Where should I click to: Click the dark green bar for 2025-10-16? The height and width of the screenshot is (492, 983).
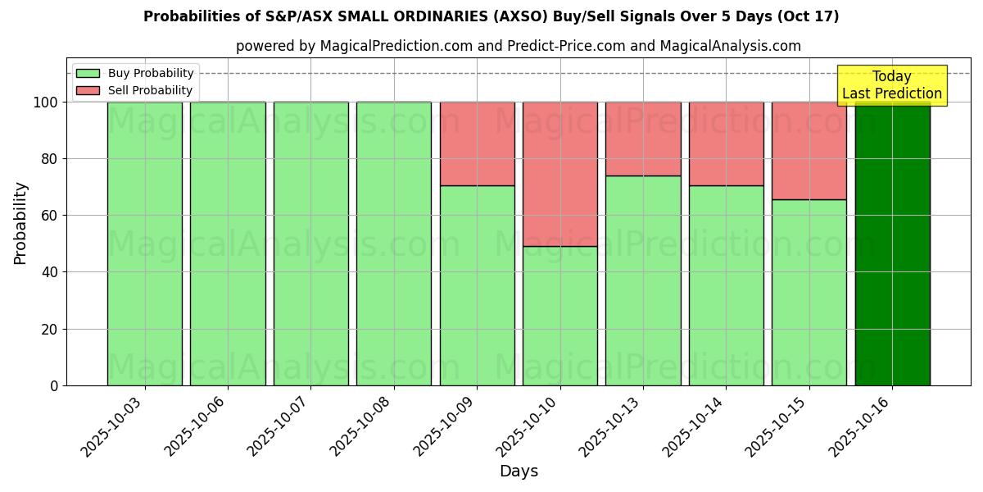[892, 246]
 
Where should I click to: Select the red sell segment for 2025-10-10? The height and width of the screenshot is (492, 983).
[560, 174]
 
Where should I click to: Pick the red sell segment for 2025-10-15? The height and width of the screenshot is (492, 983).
[809, 151]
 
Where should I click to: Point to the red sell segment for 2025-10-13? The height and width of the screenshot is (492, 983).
[643, 139]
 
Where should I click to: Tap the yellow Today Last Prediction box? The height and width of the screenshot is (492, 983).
[891, 85]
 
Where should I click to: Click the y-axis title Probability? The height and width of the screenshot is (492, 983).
[20, 223]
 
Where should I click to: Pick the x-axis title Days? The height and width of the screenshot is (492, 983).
[519, 471]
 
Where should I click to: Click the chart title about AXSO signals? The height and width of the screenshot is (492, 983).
[491, 16]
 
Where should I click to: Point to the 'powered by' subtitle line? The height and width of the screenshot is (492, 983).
[518, 46]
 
